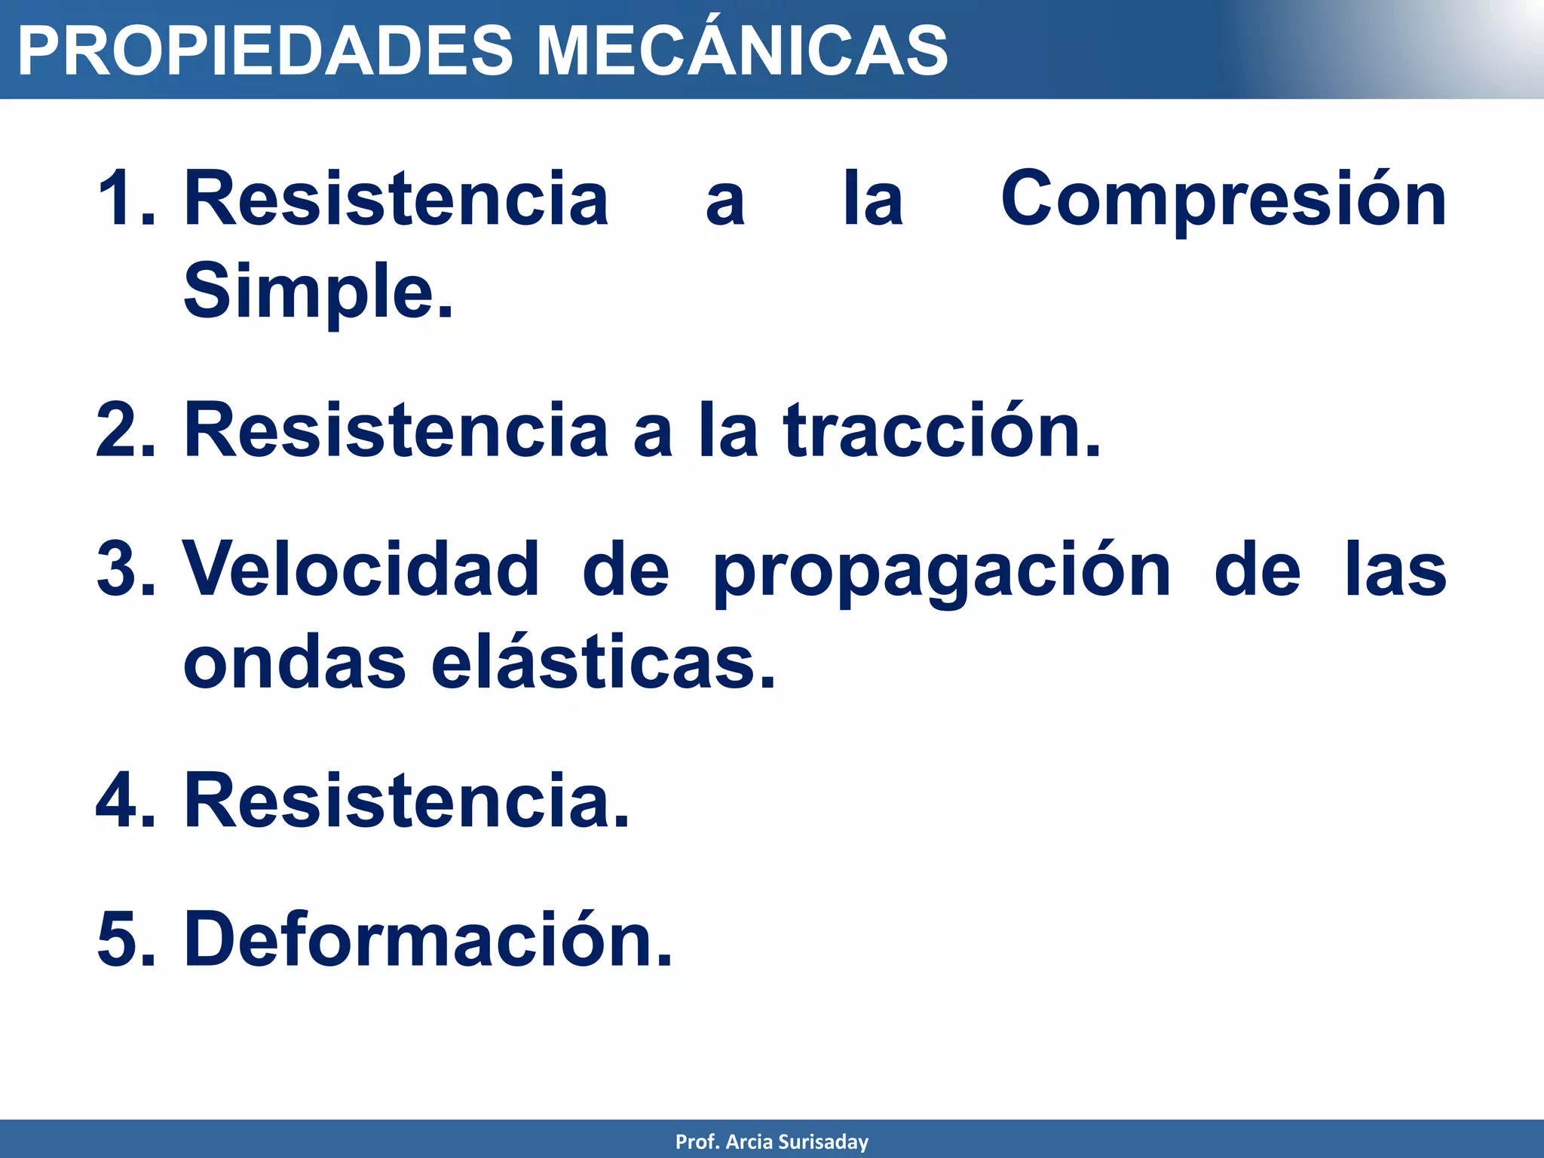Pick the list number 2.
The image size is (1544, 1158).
[x=124, y=430]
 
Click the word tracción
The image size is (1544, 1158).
[x=942, y=430]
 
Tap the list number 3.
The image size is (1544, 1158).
[x=124, y=570]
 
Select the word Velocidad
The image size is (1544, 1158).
[x=361, y=570]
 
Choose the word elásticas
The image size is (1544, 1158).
[x=603, y=662]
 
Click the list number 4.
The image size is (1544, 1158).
[x=124, y=801]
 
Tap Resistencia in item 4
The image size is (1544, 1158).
[x=406, y=801]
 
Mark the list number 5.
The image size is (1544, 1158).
[x=124, y=939]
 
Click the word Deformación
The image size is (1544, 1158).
[x=427, y=939]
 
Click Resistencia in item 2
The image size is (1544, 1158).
[x=396, y=430]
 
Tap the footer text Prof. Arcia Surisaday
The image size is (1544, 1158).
[x=771, y=1141]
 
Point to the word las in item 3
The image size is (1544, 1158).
[x=1396, y=570]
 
